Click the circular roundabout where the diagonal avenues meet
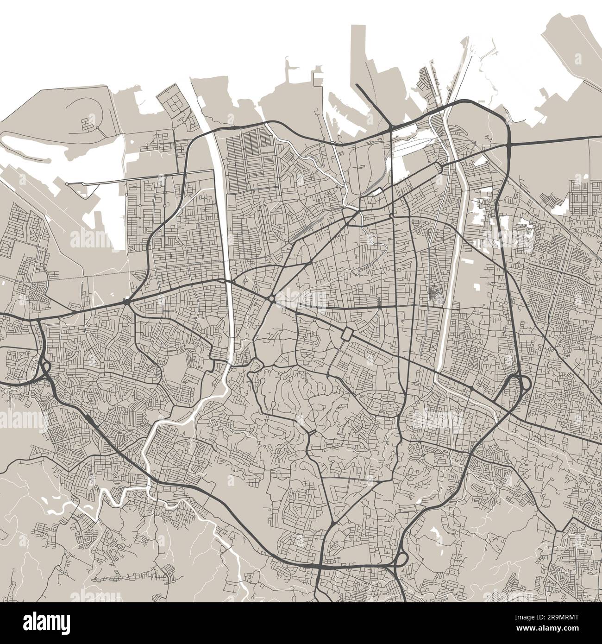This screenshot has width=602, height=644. coord(270,299)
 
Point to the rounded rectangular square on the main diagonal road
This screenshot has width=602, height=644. coord(347,334)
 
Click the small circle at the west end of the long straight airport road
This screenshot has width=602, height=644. coord(67,184)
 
